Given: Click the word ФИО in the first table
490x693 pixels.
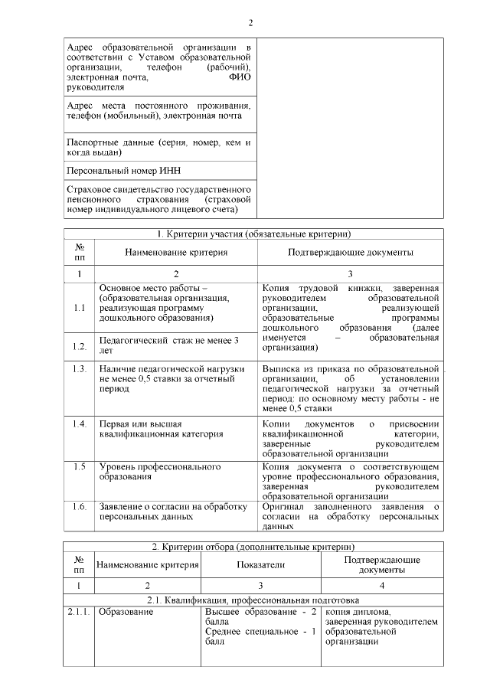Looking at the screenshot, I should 240,77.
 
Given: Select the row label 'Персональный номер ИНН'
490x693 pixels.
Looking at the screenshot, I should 123,170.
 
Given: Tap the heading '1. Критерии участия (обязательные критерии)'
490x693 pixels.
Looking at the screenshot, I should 253,234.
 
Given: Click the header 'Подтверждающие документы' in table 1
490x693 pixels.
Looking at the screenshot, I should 351,252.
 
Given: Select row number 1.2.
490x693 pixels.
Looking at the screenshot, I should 80,346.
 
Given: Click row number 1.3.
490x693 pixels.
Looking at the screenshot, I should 80,369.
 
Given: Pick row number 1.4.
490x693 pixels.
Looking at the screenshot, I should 80,423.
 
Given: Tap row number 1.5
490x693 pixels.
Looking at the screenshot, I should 80,466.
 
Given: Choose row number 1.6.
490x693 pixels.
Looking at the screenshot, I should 80,506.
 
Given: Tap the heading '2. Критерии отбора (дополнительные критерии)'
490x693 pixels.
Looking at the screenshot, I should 253,547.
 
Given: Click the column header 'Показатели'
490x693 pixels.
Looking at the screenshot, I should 260,565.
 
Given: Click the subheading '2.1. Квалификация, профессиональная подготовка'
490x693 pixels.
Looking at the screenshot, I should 253,600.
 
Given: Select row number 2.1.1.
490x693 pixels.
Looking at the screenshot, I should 80,613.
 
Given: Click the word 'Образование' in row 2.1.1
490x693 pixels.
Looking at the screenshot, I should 126,613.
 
